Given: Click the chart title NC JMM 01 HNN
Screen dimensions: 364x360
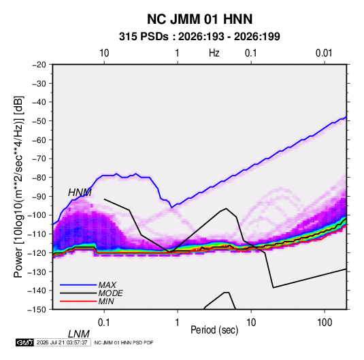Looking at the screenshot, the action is coord(199,19).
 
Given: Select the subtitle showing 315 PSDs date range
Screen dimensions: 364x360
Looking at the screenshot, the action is coord(199,37).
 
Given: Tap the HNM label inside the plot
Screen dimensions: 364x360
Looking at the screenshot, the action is coord(80,193).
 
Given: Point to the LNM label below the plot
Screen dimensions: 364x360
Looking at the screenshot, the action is coord(79,334).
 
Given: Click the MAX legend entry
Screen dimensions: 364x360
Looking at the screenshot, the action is coord(107,284).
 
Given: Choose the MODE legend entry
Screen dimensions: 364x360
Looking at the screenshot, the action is coord(110,293).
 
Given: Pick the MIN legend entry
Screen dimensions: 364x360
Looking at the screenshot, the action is coord(106,301).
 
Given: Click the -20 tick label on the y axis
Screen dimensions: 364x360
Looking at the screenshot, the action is coord(39,65).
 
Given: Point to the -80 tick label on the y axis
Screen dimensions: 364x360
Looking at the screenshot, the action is coord(39,178).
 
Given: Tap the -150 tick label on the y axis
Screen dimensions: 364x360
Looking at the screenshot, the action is coord(37,310).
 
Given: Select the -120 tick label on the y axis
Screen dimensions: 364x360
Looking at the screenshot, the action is coord(37,252).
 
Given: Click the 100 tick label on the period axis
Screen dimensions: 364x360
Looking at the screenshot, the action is coord(325,323).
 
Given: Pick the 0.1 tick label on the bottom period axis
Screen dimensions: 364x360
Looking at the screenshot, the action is coord(104,323).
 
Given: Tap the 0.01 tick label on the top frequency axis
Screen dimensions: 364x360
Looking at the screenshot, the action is coord(324,53).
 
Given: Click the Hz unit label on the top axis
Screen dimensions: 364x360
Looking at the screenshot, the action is coord(214,53).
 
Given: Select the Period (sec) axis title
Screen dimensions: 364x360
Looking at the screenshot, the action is coord(214,330).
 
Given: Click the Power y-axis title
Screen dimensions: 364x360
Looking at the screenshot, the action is coord(18,186).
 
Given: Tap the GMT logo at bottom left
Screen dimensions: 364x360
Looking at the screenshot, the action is coord(24,342).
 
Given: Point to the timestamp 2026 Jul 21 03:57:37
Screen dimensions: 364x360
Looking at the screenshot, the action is coord(62,342).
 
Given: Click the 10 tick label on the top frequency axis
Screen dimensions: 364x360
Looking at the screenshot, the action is coord(104,53).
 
